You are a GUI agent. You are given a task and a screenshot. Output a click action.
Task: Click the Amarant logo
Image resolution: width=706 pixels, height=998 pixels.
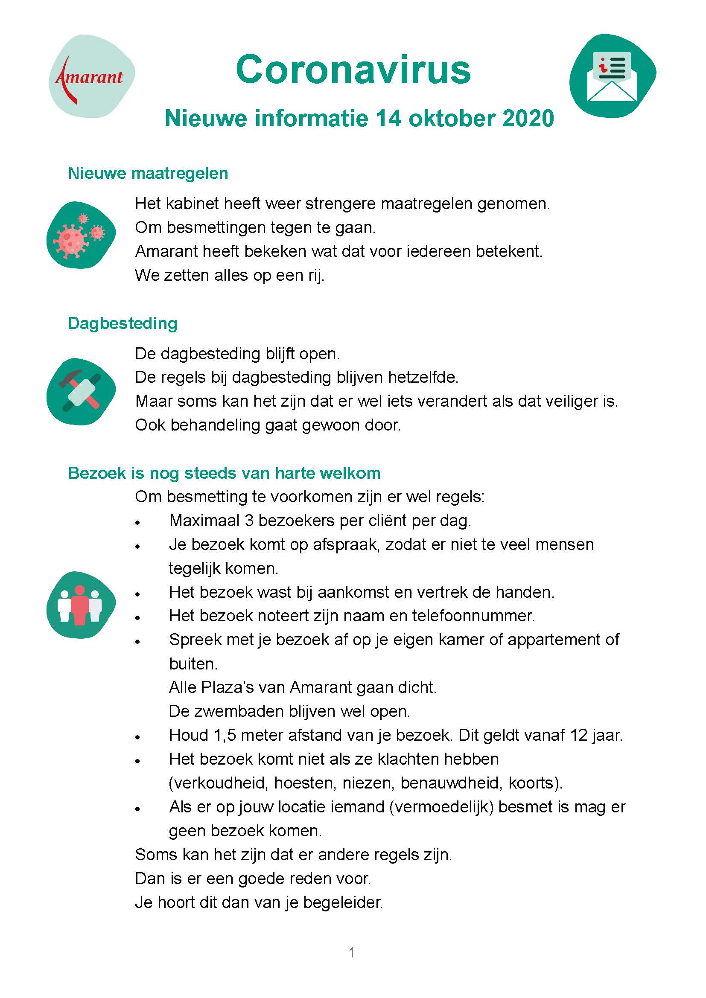91,76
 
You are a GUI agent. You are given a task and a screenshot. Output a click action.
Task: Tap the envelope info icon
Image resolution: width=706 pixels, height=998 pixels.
612,76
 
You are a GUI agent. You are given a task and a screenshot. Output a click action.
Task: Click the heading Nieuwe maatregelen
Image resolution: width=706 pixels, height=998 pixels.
148,173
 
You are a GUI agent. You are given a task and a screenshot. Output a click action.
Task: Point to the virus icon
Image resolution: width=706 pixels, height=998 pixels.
81,235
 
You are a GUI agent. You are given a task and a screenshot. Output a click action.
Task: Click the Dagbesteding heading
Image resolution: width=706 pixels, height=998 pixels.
123,323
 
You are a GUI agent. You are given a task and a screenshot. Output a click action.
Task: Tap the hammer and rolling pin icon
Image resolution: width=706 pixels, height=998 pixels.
81,391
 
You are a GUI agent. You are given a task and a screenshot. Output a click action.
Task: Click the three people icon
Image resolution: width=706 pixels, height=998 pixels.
81,605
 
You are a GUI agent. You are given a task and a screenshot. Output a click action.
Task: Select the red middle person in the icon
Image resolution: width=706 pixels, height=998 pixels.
80,605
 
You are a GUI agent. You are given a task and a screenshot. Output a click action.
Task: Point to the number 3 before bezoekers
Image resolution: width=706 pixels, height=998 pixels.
249,520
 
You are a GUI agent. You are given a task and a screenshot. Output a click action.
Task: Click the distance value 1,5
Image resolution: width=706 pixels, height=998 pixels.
225,735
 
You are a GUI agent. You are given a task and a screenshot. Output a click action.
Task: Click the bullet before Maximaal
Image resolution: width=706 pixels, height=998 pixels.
138,523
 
